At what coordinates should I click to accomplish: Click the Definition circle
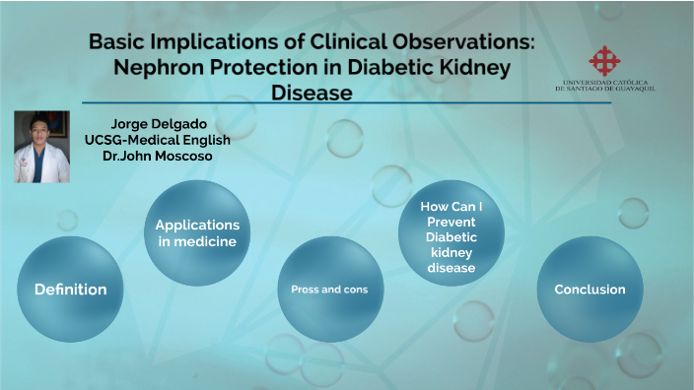(x=71, y=290)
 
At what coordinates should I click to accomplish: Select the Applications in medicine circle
(x=197, y=233)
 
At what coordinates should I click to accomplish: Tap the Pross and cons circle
(x=329, y=290)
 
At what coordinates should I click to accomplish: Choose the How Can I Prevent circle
(x=451, y=233)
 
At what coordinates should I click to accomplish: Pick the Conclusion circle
(x=590, y=290)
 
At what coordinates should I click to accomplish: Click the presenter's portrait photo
(x=42, y=147)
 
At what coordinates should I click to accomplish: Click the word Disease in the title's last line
(x=312, y=94)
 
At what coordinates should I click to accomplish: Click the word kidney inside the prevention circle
(x=451, y=252)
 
